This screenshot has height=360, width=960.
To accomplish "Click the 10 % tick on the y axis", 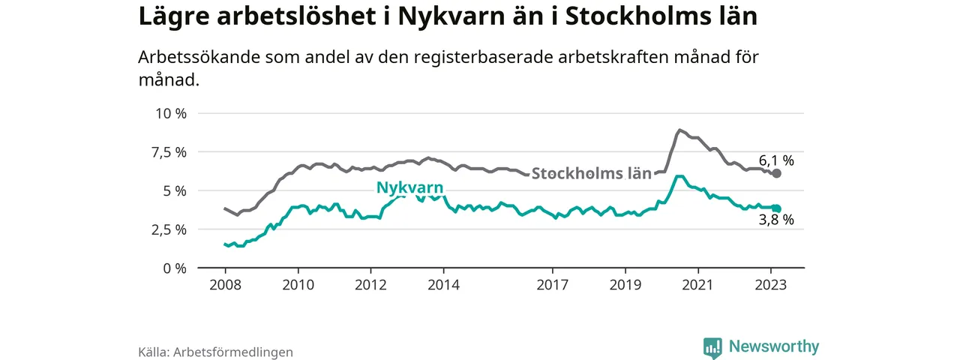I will (x=170, y=113).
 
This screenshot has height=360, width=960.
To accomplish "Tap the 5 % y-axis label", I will (x=174, y=190).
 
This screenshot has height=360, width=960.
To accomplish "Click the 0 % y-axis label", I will (x=174, y=268).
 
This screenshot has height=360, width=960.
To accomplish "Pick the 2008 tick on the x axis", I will (x=224, y=284).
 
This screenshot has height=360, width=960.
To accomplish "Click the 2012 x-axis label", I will (x=370, y=284).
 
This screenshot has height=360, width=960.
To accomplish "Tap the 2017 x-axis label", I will (x=553, y=284).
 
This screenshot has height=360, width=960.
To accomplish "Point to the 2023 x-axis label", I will (x=771, y=284).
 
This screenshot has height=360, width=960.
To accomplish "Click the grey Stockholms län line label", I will (x=591, y=173).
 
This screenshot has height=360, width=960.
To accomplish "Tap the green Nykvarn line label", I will (x=409, y=187).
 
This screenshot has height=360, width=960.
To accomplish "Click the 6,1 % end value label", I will (x=775, y=160).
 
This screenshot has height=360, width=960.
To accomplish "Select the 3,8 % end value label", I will (x=775, y=220).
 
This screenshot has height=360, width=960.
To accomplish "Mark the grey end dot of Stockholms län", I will (x=777, y=173).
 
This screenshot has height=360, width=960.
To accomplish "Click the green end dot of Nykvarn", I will (x=777, y=209).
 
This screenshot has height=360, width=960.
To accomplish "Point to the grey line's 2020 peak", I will (x=679, y=130).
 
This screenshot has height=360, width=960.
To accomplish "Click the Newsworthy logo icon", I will (x=712, y=347).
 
